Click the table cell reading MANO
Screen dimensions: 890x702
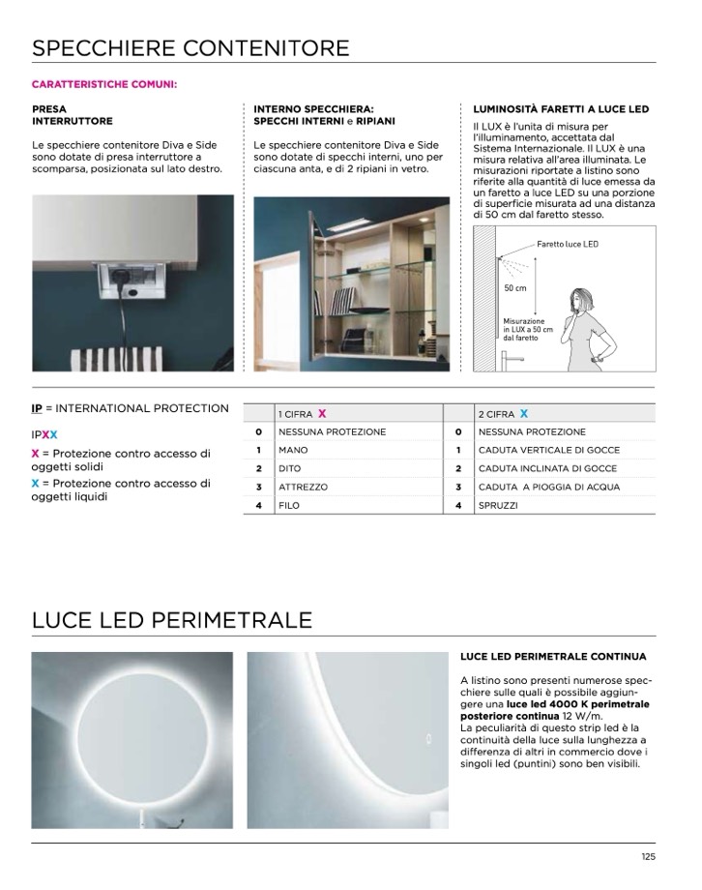pos(293,451)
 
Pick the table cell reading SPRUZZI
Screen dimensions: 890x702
pos(498,506)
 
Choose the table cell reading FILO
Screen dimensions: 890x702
pos(289,506)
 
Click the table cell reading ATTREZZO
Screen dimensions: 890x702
pos(303,488)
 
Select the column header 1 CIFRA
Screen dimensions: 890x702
pos(301,414)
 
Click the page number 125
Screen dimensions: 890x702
pos(647,856)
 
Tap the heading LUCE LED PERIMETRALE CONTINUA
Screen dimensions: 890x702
pos(553,657)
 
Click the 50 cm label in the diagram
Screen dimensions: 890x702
pos(515,288)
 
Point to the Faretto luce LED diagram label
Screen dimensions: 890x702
pos(568,244)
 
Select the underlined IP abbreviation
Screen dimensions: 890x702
pos(38,408)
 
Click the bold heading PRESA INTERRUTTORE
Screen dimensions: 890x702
pos(73,116)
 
